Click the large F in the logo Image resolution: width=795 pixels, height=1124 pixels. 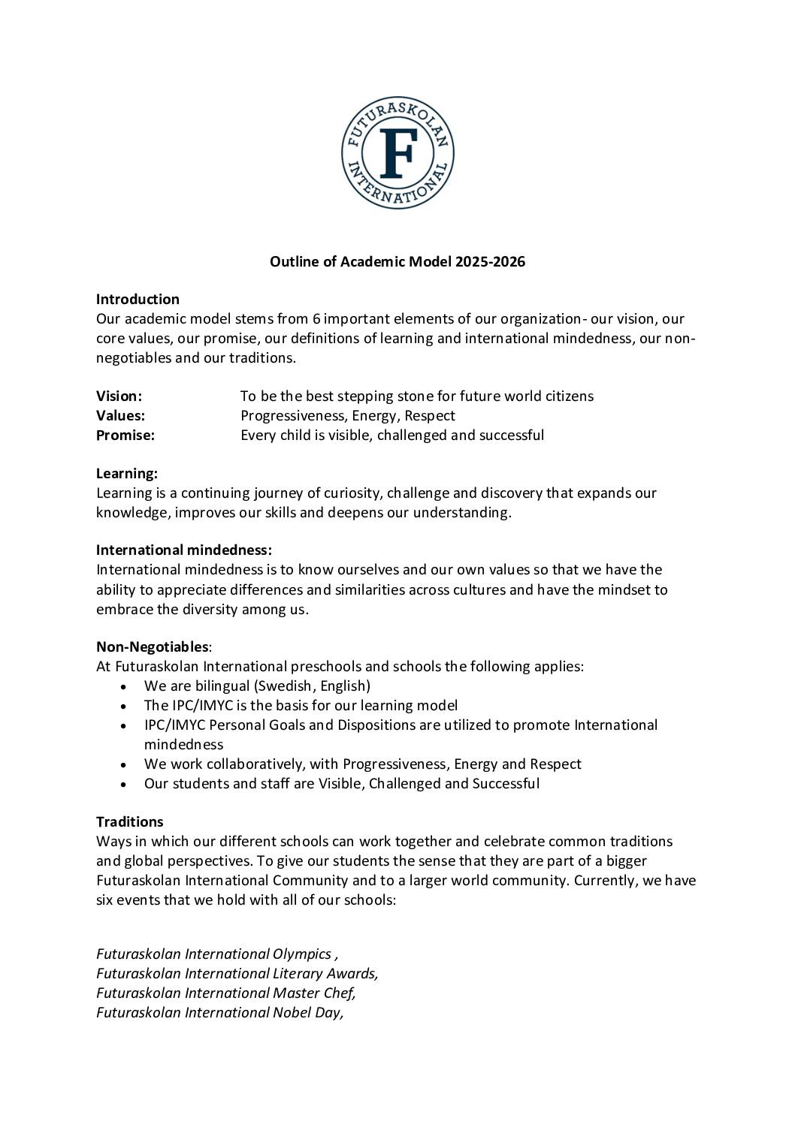[x=397, y=153]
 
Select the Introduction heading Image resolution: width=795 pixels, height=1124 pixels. [x=138, y=300]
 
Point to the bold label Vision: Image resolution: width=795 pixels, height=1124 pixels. [x=119, y=396]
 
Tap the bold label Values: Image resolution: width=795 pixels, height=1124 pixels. [x=120, y=415]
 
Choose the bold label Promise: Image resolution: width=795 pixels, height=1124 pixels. [x=125, y=435]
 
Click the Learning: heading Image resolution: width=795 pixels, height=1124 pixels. [x=126, y=474]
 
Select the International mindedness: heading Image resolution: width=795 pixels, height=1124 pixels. [x=184, y=550]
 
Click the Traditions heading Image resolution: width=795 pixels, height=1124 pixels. [x=129, y=821]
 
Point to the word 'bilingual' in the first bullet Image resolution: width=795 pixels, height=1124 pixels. [x=222, y=686]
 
